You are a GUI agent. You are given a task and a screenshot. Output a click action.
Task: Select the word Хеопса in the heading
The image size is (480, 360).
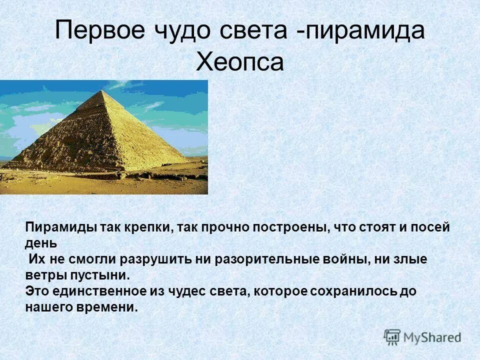[240, 62]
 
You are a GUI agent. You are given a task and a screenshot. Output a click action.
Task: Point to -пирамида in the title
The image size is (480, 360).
[360, 31]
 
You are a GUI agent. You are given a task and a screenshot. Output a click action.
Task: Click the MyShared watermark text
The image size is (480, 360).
[432, 337]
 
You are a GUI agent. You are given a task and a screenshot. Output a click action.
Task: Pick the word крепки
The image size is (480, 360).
[144, 227]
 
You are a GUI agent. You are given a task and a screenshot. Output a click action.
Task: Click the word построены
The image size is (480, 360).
[289, 227]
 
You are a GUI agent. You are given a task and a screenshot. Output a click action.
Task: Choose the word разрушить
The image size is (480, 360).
[153, 259]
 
